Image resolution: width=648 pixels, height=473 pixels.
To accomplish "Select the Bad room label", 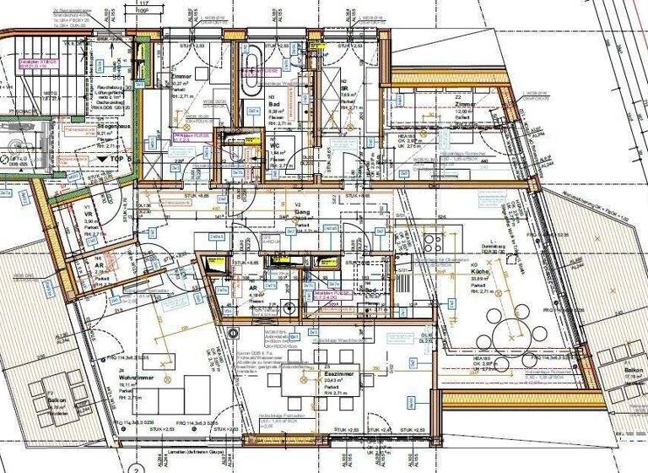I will [x=252, y=103].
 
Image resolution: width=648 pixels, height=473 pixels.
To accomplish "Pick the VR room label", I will [x=87, y=214].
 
